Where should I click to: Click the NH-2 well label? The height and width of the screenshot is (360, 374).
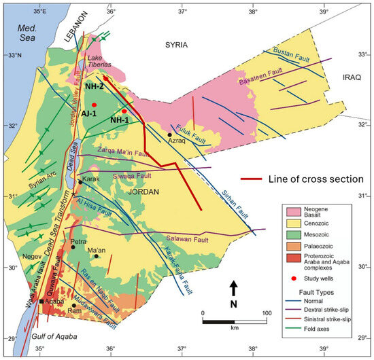(x=94, y=87)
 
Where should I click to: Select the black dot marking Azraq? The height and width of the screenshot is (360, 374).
(x=169, y=134)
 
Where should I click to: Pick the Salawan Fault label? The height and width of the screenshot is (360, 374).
(x=186, y=240)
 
